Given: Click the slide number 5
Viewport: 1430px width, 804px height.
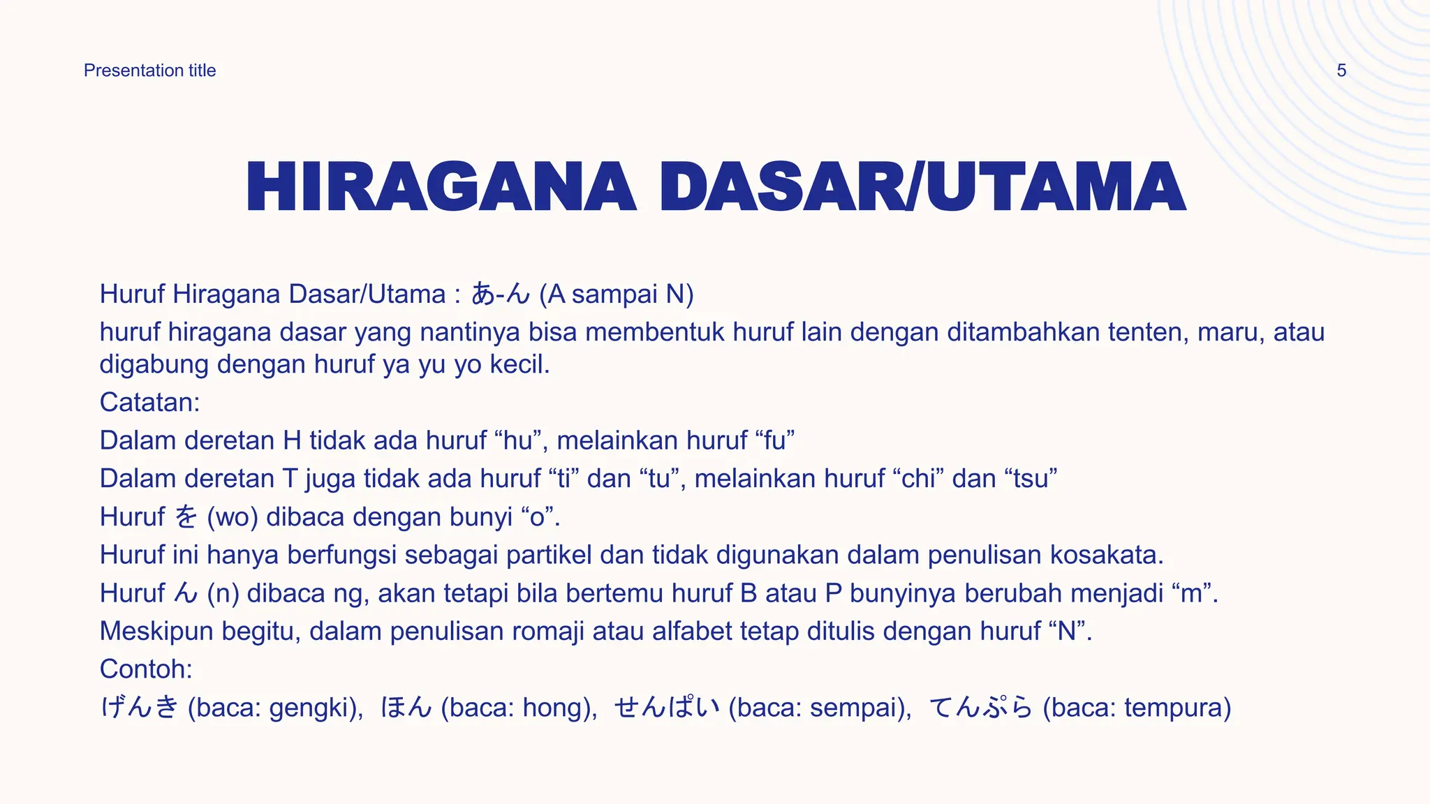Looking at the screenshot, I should [1341, 70].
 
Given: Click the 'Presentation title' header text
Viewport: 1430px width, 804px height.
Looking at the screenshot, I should [149, 70].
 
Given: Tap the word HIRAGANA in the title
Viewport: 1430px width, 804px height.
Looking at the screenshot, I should [441, 187].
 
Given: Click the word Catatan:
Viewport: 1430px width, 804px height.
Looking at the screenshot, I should [149, 403].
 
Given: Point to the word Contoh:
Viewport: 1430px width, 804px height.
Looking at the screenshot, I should [146, 669].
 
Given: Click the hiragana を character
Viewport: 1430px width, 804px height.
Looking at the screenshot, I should [186, 517].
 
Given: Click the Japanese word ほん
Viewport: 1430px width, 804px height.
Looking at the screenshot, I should [406, 708].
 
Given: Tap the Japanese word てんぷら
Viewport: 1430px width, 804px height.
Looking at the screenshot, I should [981, 708].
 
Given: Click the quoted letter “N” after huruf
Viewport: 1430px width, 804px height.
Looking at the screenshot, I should [1066, 632].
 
